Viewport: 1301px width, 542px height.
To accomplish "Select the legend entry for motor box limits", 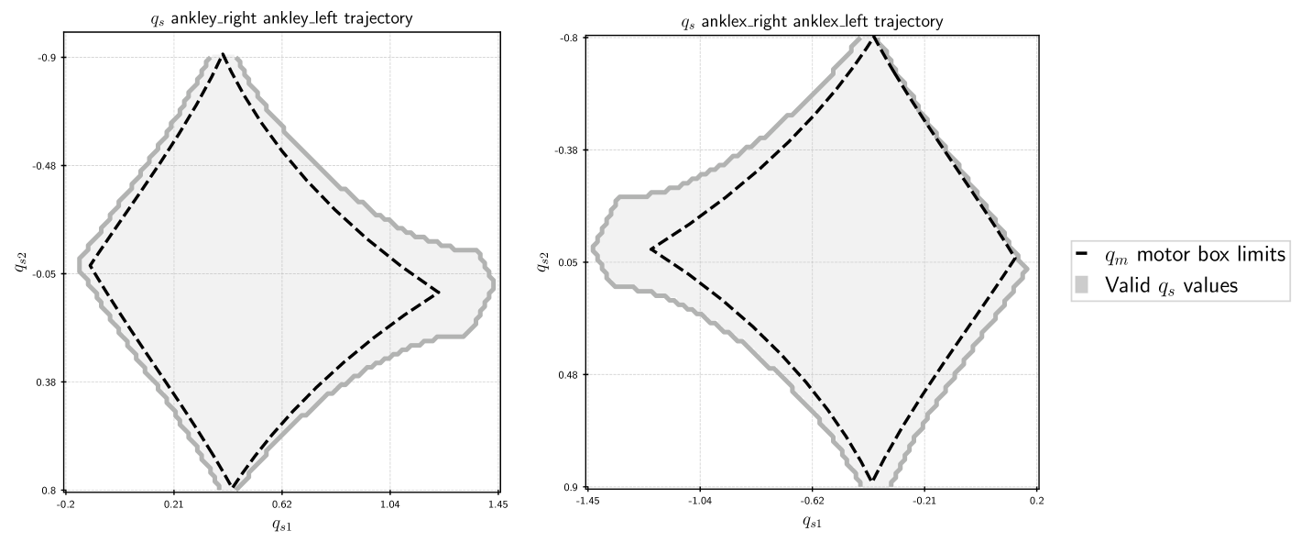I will click(1186, 254).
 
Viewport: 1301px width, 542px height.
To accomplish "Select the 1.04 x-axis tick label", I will click(390, 504).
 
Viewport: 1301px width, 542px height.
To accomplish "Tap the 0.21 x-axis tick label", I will click(173, 504).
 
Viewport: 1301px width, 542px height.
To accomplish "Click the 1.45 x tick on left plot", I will click(498, 504).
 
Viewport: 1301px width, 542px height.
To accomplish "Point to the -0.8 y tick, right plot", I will click(569, 37).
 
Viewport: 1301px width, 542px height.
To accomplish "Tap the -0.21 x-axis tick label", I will click(924, 501).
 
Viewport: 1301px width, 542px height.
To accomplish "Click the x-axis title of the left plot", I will click(281, 525).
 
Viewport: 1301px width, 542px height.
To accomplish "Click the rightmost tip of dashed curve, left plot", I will click(440, 293).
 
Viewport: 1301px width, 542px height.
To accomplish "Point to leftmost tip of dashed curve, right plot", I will click(650, 249).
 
